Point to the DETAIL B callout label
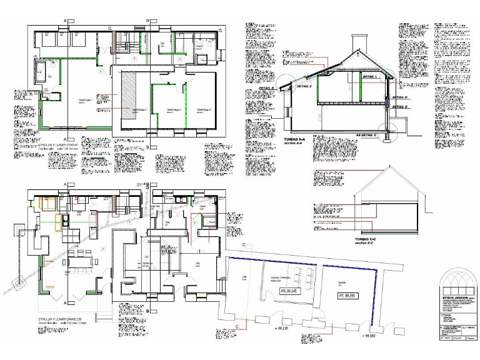pos(268,87)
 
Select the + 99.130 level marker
pos(284,328)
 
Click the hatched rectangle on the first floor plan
pos(129,91)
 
